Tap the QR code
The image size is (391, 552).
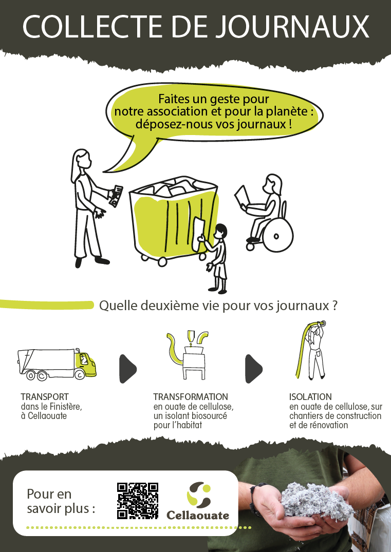(x=137, y=501)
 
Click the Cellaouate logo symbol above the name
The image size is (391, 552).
(x=199, y=494)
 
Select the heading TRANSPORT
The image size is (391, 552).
(x=45, y=397)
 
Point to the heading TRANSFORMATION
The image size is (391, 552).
(x=191, y=397)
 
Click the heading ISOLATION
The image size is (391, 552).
(x=310, y=397)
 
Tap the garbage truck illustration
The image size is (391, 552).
(x=57, y=365)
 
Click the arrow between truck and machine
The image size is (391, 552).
(x=128, y=369)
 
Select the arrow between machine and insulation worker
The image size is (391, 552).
(x=254, y=369)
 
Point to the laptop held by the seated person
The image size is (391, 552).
(x=243, y=196)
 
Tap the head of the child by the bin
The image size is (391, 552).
(x=221, y=231)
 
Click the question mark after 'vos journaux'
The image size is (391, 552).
(x=334, y=305)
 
